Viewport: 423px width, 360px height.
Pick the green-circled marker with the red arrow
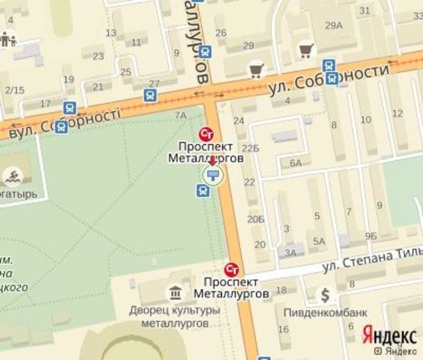[x=213, y=175]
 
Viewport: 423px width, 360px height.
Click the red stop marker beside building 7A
[x=206, y=131]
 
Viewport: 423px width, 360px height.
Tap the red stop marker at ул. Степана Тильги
[x=232, y=270]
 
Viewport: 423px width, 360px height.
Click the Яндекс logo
[x=388, y=334]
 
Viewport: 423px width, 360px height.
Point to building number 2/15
[x=14, y=90]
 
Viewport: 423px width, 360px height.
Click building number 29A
[x=334, y=26]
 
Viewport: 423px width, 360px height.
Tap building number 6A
[x=295, y=163]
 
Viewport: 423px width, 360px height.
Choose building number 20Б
[x=256, y=220]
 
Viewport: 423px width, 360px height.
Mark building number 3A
[x=290, y=253]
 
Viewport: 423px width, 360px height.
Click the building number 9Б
[x=371, y=236]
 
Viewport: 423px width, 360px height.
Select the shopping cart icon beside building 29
[x=256, y=69]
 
